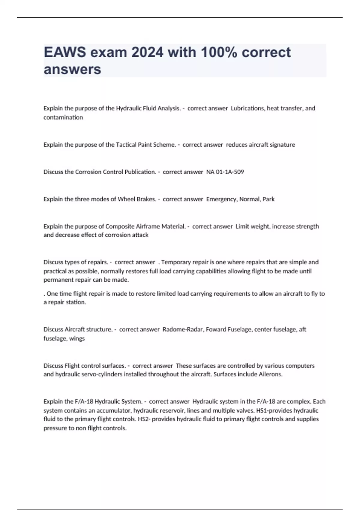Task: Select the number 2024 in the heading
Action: pos(147,52)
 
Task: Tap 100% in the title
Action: pos(219,52)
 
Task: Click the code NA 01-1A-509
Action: pos(225,172)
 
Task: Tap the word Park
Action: pos(268,199)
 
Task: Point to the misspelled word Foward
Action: pos(216,329)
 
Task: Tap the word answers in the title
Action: pos(72,69)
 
